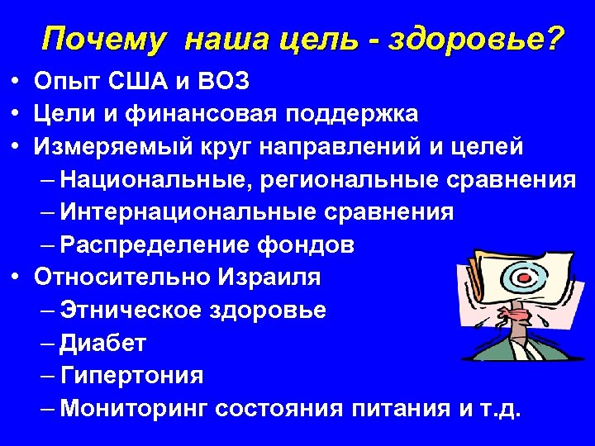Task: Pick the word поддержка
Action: pyautogui.click(x=344, y=114)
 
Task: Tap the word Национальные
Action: pyautogui.click(x=150, y=179)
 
